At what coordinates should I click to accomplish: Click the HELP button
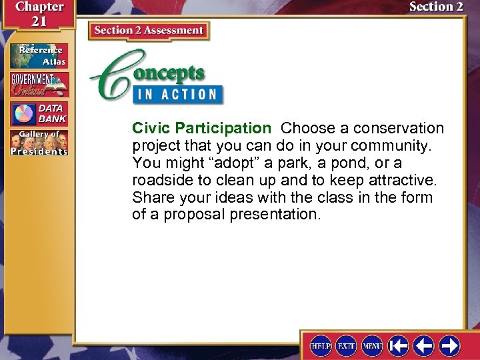tap(321, 345)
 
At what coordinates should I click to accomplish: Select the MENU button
tap(372, 345)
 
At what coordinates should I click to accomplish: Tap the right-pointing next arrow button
tap(449, 345)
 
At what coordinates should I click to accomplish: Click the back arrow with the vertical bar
tap(398, 345)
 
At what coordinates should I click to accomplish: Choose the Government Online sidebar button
tap(39, 85)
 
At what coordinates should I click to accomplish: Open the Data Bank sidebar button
tap(39, 114)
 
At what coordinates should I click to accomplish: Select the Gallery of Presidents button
tap(39, 143)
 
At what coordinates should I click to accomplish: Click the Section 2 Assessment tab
tap(149, 31)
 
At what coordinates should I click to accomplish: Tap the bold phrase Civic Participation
tap(201, 128)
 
